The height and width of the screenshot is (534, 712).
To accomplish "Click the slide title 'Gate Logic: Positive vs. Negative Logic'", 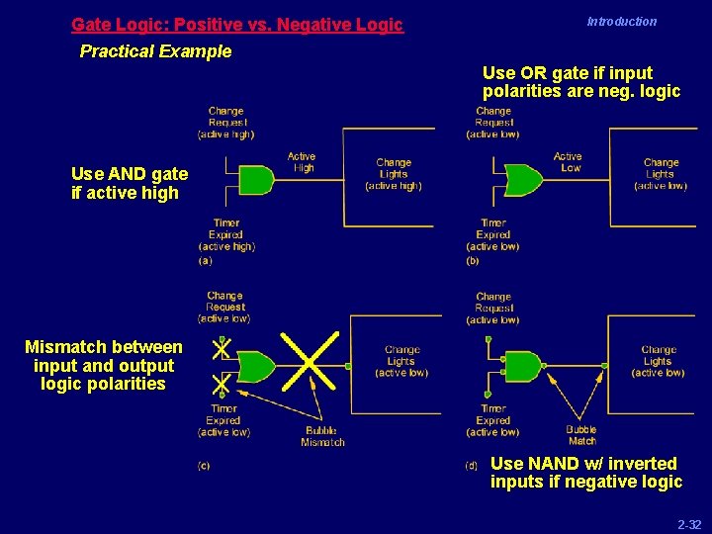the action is (x=237, y=25).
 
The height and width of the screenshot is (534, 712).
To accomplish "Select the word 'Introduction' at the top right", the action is (x=621, y=22).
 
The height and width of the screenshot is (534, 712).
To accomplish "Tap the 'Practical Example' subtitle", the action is (x=155, y=51).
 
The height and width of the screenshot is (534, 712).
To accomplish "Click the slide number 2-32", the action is (x=688, y=524).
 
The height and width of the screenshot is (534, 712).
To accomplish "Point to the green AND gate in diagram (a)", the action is (x=257, y=180).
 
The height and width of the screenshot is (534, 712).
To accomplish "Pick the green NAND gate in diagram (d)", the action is (x=522, y=366).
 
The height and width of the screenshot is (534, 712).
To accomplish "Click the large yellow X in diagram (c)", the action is (x=310, y=362).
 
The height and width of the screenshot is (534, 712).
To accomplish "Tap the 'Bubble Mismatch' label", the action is (x=322, y=436).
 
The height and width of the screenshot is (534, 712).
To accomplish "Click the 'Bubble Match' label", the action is (x=581, y=435).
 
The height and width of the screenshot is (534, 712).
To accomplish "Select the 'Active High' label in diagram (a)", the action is (x=302, y=162).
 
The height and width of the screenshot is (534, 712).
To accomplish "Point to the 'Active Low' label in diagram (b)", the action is (x=568, y=162).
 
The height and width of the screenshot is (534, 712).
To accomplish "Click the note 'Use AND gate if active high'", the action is (x=125, y=184).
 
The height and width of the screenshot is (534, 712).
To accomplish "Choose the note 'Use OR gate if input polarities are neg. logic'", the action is (x=580, y=82).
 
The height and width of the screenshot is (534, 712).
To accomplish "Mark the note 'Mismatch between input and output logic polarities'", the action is (x=104, y=365).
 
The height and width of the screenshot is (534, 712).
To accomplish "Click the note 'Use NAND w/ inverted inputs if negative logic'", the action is (x=585, y=473).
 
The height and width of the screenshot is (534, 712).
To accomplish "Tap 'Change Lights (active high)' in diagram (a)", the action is (x=393, y=174).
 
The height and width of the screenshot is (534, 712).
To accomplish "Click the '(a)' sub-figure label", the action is (x=205, y=261).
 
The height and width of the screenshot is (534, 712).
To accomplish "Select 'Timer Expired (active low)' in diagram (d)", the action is (x=492, y=420).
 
